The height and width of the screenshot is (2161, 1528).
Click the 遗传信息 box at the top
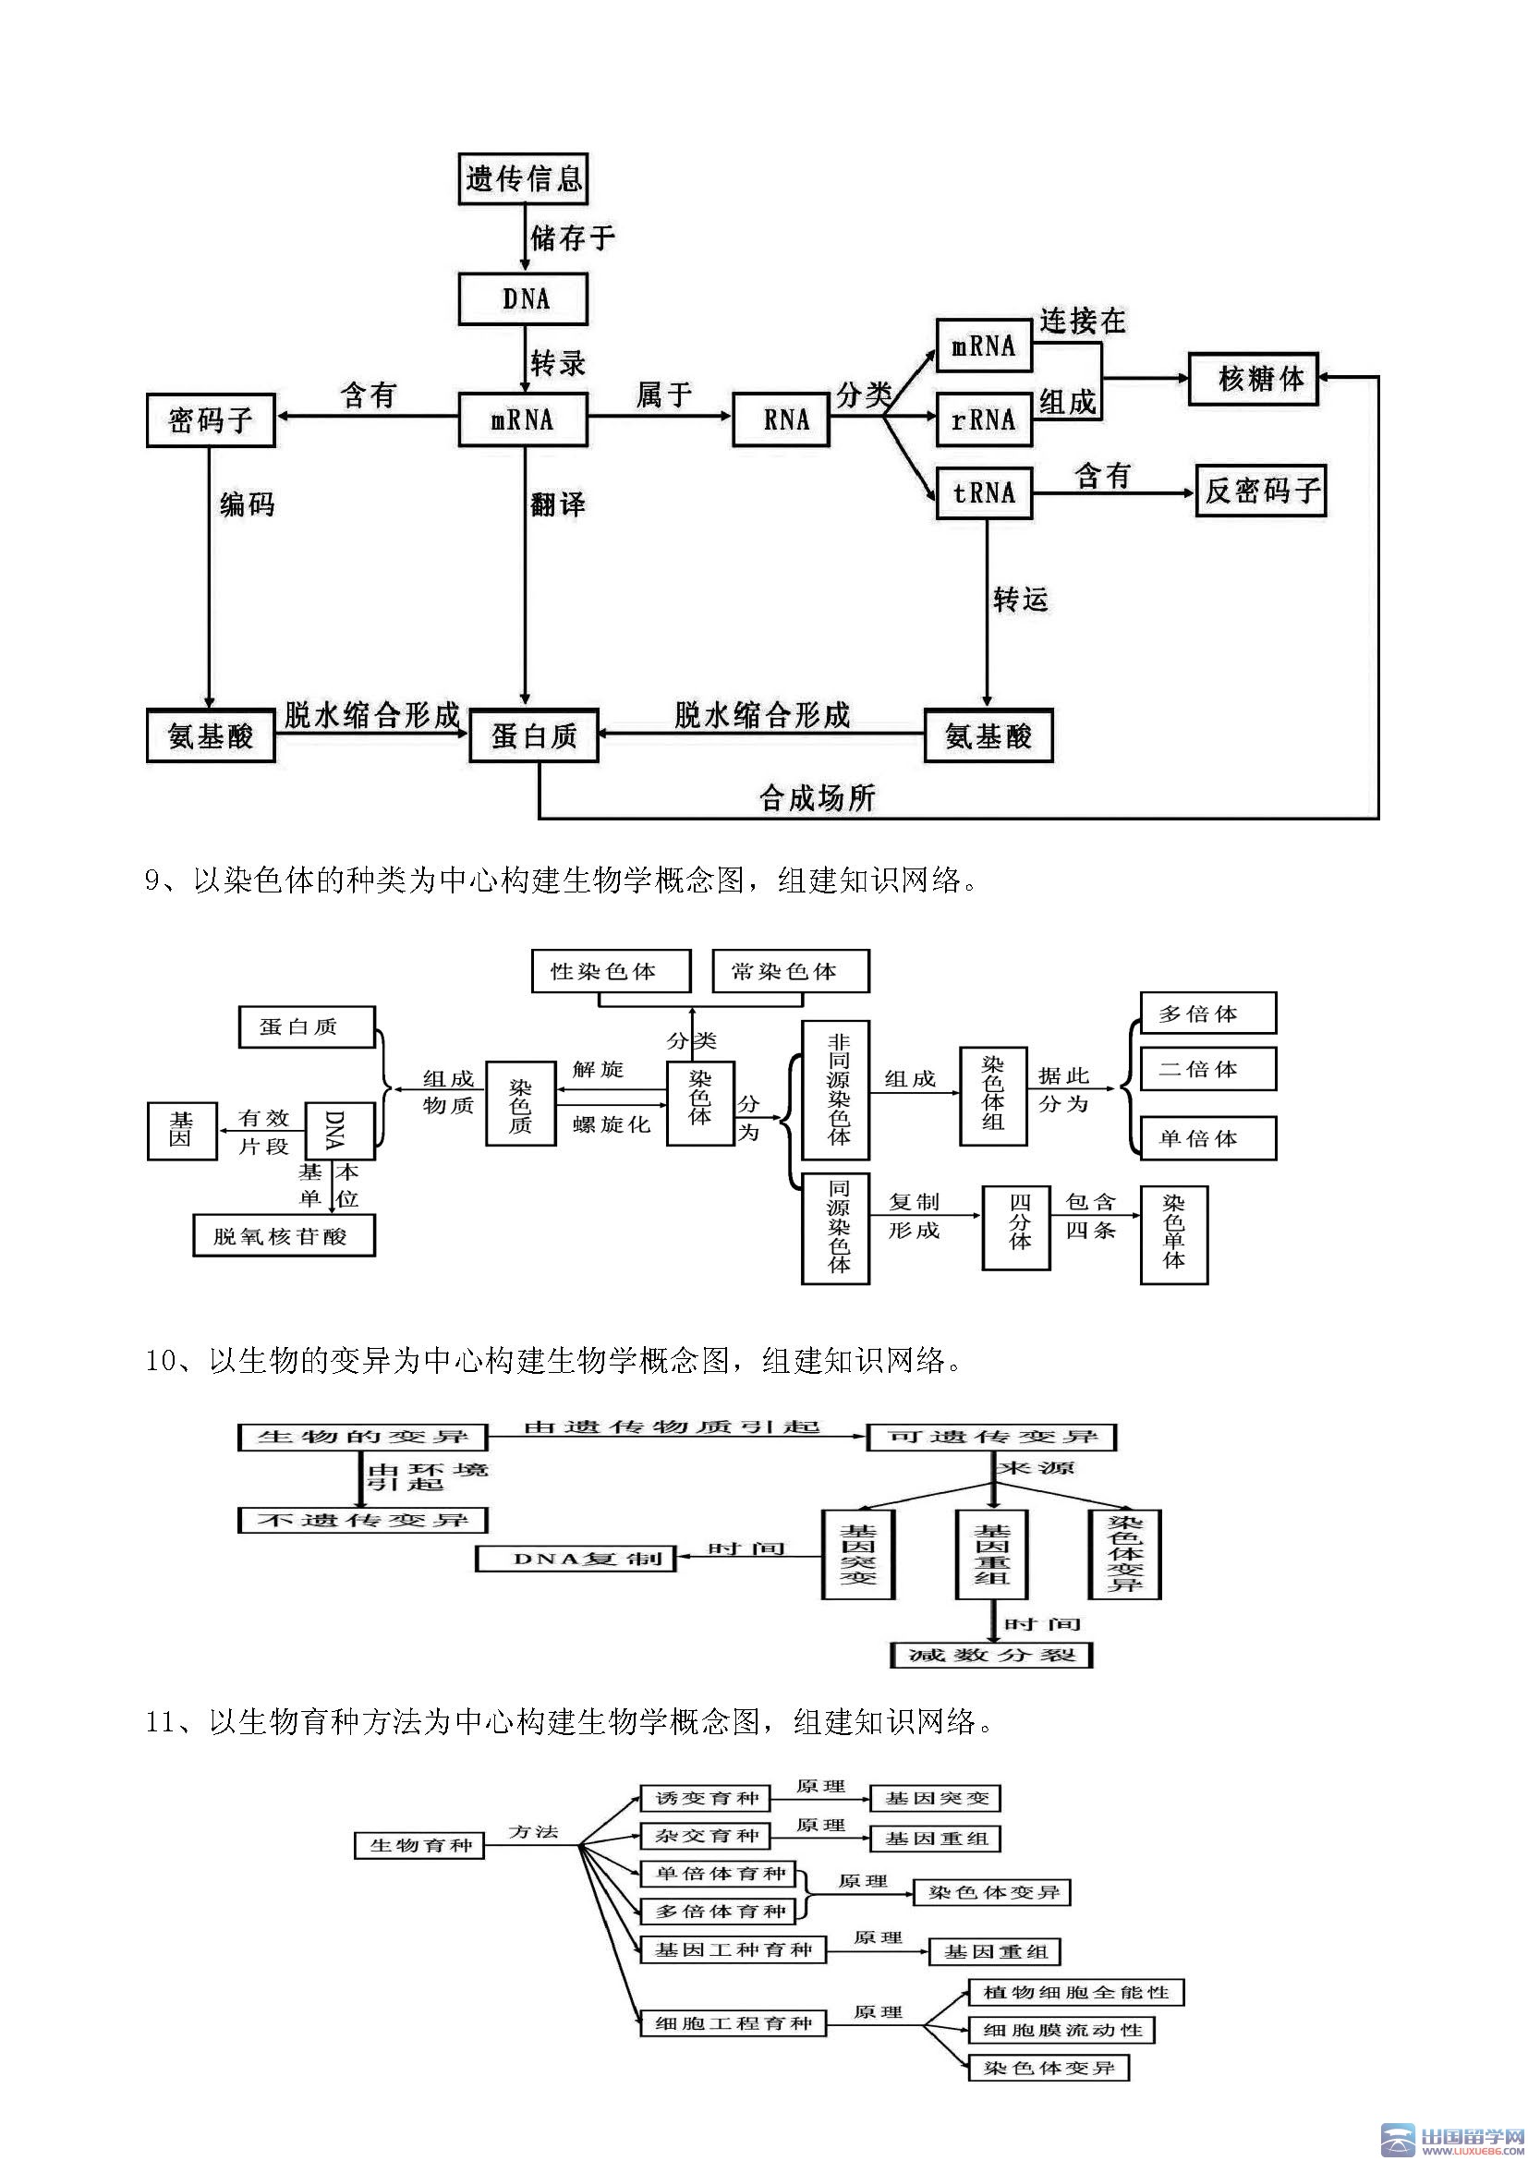point(523,179)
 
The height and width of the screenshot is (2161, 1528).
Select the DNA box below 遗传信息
point(523,299)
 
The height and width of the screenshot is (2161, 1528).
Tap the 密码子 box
point(211,419)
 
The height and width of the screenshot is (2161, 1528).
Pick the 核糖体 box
point(1254,380)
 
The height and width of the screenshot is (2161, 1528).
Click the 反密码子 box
point(1261,491)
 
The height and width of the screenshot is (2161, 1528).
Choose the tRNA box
point(984,492)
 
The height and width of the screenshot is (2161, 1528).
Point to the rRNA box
point(984,419)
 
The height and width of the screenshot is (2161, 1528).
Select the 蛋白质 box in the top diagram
point(534,735)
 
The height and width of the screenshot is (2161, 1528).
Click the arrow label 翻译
point(557,504)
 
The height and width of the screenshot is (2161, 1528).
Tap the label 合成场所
point(817,798)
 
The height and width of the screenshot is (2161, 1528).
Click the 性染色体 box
point(611,970)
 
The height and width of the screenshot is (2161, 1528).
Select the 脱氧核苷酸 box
point(285,1236)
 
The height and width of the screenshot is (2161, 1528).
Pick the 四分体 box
point(1016,1227)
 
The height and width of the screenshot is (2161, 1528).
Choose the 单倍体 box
point(1208,1139)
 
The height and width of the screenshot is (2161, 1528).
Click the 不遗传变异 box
point(363,1519)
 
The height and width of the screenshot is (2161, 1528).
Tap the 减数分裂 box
point(991,1655)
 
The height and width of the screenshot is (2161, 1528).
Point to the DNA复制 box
point(576,1559)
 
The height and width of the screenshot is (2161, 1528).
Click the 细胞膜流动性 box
point(1061,2029)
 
